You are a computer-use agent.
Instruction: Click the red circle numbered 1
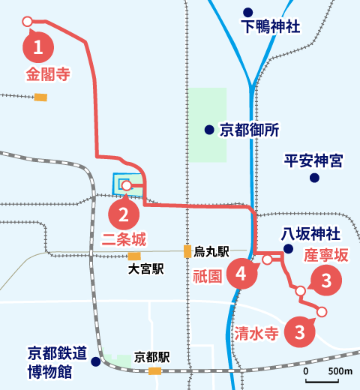38,48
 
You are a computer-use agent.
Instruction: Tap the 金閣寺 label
48,74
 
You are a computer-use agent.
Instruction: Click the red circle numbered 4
240,274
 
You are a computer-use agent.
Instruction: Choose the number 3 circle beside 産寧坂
326,281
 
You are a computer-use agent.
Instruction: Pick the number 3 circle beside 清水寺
299,331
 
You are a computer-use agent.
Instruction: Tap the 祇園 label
205,275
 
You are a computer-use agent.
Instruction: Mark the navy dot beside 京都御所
209,130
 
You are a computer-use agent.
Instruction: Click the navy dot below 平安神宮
314,178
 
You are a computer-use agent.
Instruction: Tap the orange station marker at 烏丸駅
187,251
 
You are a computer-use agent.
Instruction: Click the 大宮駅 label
145,268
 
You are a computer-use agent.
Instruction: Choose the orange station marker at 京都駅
155,370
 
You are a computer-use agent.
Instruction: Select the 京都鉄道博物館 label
58,361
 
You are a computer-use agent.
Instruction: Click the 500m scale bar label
341,370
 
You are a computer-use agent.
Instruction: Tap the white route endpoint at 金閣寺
28,21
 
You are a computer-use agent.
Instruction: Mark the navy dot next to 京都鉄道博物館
96,361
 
